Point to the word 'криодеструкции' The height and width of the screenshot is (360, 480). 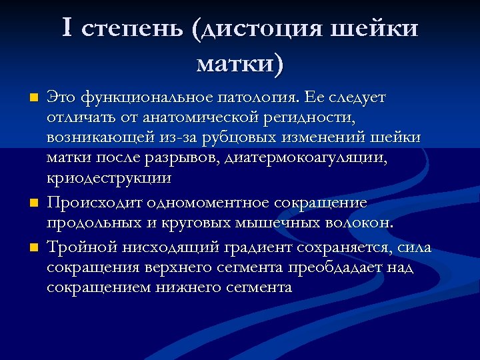point(109,179)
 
